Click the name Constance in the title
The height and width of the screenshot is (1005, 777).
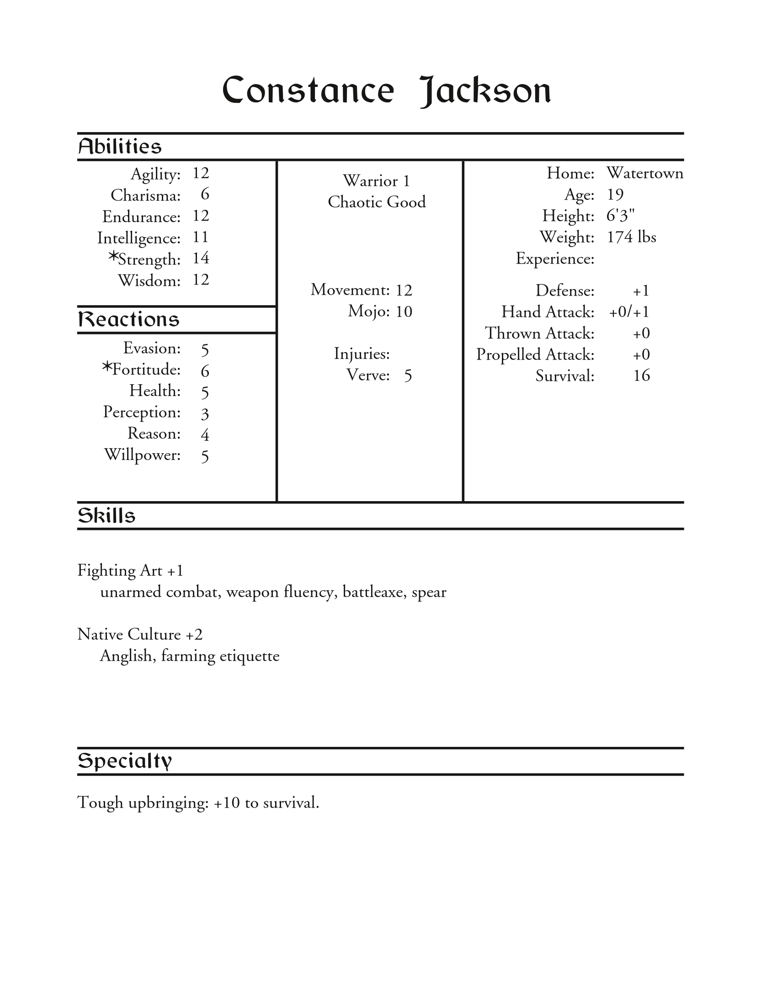click(x=308, y=90)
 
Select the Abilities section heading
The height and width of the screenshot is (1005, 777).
click(x=120, y=147)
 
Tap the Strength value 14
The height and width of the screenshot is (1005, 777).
click(x=201, y=258)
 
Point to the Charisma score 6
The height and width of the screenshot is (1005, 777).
click(x=205, y=194)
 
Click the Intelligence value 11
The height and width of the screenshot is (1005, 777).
click(x=201, y=237)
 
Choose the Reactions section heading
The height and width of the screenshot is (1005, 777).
click(x=128, y=319)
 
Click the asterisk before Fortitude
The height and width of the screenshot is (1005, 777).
click(x=107, y=367)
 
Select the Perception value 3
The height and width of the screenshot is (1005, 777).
click(x=205, y=414)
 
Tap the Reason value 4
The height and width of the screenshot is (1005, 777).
click(x=205, y=435)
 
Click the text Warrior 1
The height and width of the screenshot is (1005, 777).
click(x=376, y=181)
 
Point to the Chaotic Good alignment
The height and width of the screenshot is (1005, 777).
click(x=377, y=202)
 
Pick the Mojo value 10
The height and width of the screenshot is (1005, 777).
click(x=404, y=312)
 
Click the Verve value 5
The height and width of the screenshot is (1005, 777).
click(x=408, y=376)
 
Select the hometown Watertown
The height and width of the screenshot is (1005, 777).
click(x=644, y=173)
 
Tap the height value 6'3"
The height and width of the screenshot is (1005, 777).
click(x=621, y=215)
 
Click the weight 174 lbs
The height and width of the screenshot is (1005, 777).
click(x=631, y=237)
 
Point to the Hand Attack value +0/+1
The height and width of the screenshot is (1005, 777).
click(x=629, y=312)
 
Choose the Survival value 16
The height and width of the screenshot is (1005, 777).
click(x=641, y=376)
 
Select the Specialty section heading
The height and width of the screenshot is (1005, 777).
click(x=124, y=761)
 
